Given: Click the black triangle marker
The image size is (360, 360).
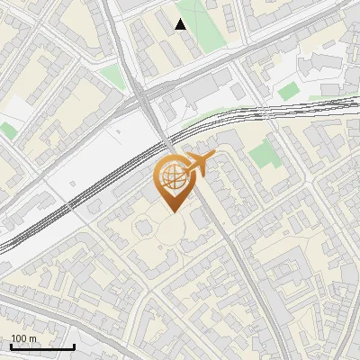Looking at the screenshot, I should [x=181, y=24].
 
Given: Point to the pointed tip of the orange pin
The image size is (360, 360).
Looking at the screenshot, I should [x=171, y=212].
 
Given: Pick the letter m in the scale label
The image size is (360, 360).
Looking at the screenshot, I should [x=33, y=338].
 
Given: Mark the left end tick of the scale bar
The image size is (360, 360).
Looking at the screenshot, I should [x=11, y=346].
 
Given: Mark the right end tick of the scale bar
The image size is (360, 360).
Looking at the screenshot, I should [x=74, y=346].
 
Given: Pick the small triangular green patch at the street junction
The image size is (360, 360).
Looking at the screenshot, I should [x=112, y=76].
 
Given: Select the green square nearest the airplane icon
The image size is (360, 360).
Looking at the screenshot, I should [x=264, y=154].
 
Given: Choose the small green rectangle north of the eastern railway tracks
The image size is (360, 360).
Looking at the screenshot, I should [x=289, y=91].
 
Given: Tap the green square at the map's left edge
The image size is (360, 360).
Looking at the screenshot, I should [x=7, y=130].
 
